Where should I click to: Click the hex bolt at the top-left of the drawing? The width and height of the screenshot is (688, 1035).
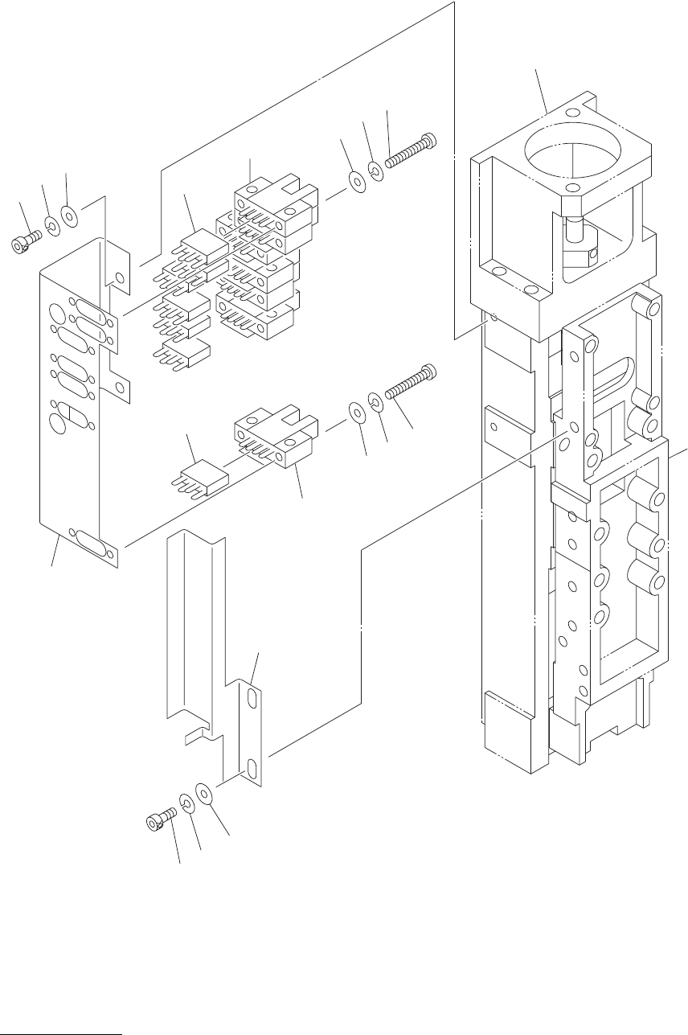click(23, 244)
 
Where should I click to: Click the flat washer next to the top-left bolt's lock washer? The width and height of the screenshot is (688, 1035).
click(70, 216)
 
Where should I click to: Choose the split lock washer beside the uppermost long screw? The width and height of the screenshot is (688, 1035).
click(375, 170)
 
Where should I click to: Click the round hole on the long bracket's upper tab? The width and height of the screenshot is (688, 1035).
click(121, 278)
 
